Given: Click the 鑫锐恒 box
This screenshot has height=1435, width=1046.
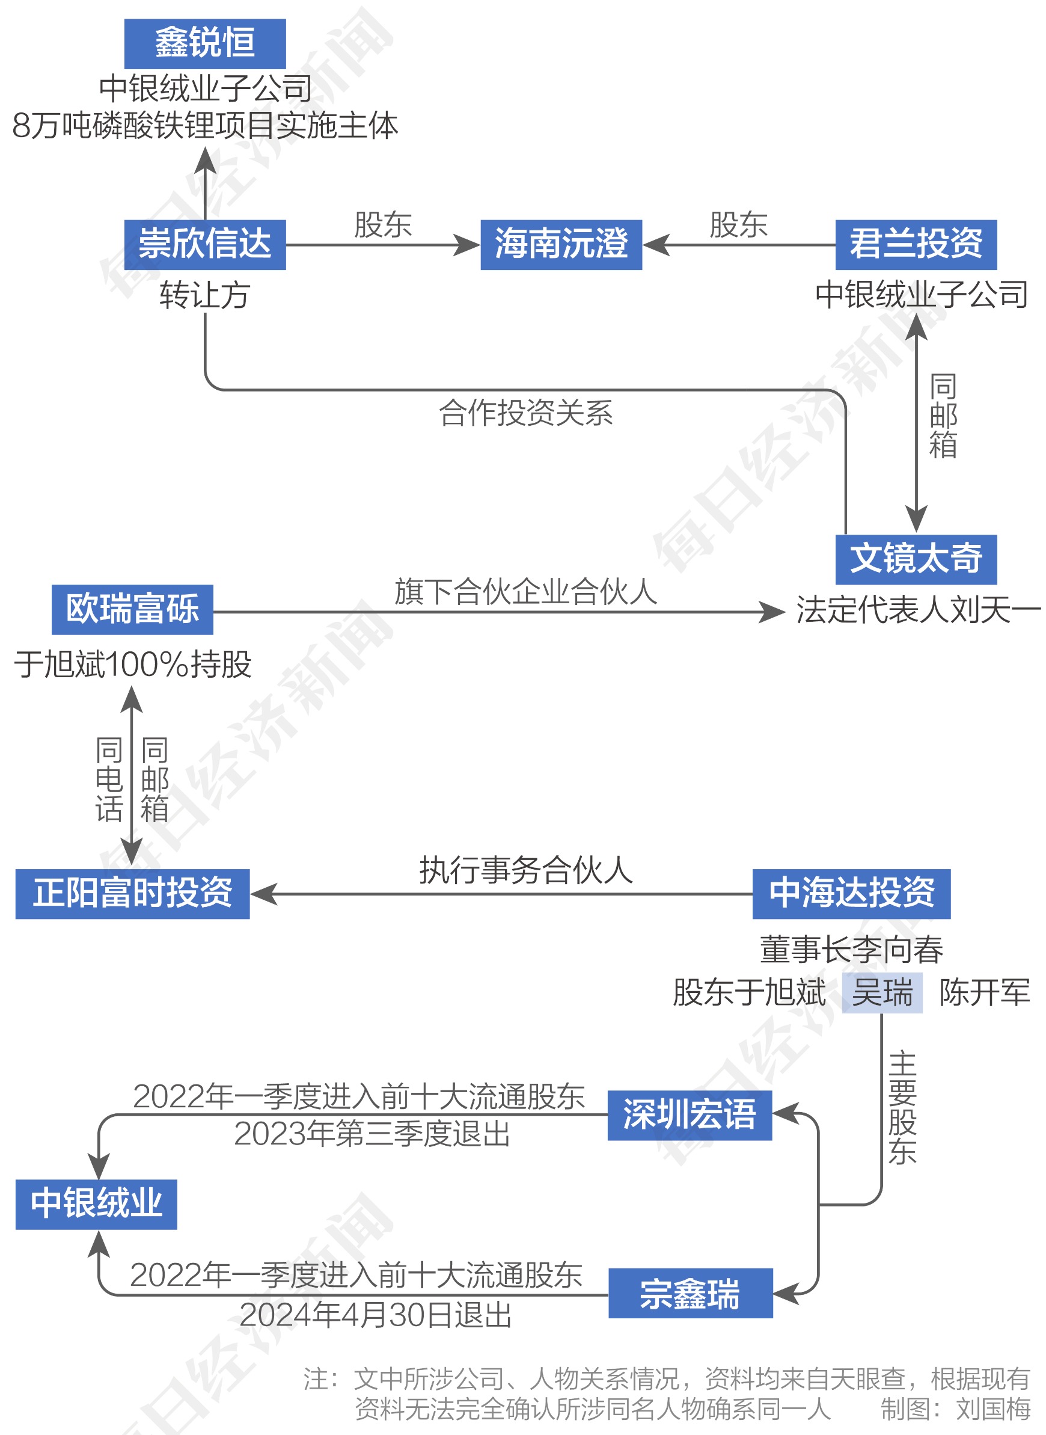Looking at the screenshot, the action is pos(204,44).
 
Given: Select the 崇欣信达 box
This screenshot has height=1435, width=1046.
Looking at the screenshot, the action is pos(204,244).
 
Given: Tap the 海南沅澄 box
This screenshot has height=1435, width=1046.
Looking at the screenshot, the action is pos(561,244).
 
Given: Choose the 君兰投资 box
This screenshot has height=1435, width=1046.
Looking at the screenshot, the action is pos(916,244).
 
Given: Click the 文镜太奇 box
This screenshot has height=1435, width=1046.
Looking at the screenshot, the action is pos(916,559).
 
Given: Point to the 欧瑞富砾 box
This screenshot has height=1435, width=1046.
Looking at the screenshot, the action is pos(132,609).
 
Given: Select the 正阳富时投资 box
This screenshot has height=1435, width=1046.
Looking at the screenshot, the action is pos(132,894).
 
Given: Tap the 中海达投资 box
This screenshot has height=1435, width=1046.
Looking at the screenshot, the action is pos(851,894).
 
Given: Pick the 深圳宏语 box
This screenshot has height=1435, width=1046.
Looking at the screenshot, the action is pos(690,1114).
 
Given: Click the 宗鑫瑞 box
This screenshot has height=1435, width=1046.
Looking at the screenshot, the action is pos(690,1292).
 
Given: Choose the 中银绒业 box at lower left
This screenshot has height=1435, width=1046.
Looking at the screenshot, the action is pos(96,1204).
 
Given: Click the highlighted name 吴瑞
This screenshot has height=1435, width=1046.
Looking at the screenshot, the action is pos(882,992).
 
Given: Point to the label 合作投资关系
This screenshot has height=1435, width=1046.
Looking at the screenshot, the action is pos(526,413).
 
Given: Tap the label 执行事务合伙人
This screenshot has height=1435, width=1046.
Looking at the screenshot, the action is pos(525,870).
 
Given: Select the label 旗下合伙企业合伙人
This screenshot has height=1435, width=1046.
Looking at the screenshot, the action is pos(525,591).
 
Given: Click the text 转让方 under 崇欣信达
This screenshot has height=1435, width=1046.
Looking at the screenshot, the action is pos(204,295).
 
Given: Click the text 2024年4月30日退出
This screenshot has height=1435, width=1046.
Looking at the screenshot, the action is pos(376,1315).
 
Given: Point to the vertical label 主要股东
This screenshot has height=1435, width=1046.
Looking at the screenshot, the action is pos(902,1108).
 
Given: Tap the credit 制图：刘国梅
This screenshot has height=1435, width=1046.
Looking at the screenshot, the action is pos(955,1409).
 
